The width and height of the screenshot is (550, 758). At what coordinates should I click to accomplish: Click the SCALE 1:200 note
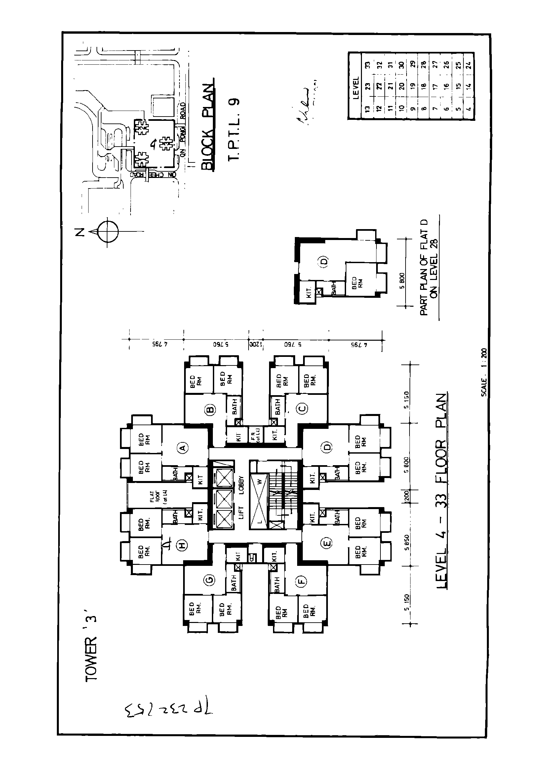click(x=484, y=373)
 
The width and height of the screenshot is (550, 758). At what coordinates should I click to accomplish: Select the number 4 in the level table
click(x=469, y=108)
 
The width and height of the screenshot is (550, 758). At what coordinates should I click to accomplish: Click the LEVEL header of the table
click(x=356, y=87)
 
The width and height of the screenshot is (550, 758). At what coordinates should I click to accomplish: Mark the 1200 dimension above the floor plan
click(x=256, y=345)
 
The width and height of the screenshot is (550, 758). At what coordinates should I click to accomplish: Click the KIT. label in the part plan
click(x=309, y=293)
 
